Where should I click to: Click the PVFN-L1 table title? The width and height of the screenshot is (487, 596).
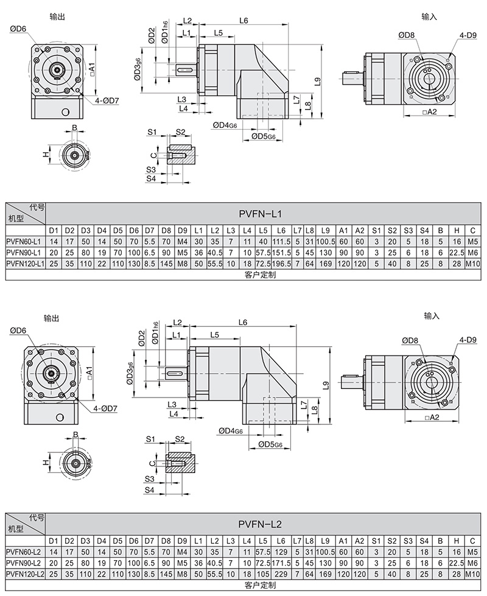[260, 213]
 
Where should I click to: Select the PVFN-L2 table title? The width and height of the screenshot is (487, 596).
[260, 523]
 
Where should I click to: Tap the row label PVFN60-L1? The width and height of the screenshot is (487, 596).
[23, 242]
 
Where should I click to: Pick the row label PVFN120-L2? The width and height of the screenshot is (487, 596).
[24, 573]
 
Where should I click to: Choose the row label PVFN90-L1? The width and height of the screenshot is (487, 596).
[23, 252]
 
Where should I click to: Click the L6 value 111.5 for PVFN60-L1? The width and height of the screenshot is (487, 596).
[281, 242]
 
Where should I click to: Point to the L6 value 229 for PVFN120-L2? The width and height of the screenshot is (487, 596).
[281, 573]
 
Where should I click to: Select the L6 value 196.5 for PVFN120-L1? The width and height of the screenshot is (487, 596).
[281, 263]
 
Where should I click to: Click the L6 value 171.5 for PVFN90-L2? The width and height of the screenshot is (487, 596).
[281, 563]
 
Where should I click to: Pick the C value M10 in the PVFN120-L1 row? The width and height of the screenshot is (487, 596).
[473, 263]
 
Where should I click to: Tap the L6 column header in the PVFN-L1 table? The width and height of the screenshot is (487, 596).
[281, 231]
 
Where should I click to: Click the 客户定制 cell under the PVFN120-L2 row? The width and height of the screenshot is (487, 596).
[260, 584]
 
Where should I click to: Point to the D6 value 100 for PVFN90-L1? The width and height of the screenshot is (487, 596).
[134, 252]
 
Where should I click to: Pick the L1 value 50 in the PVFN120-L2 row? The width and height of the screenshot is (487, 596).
[198, 573]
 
